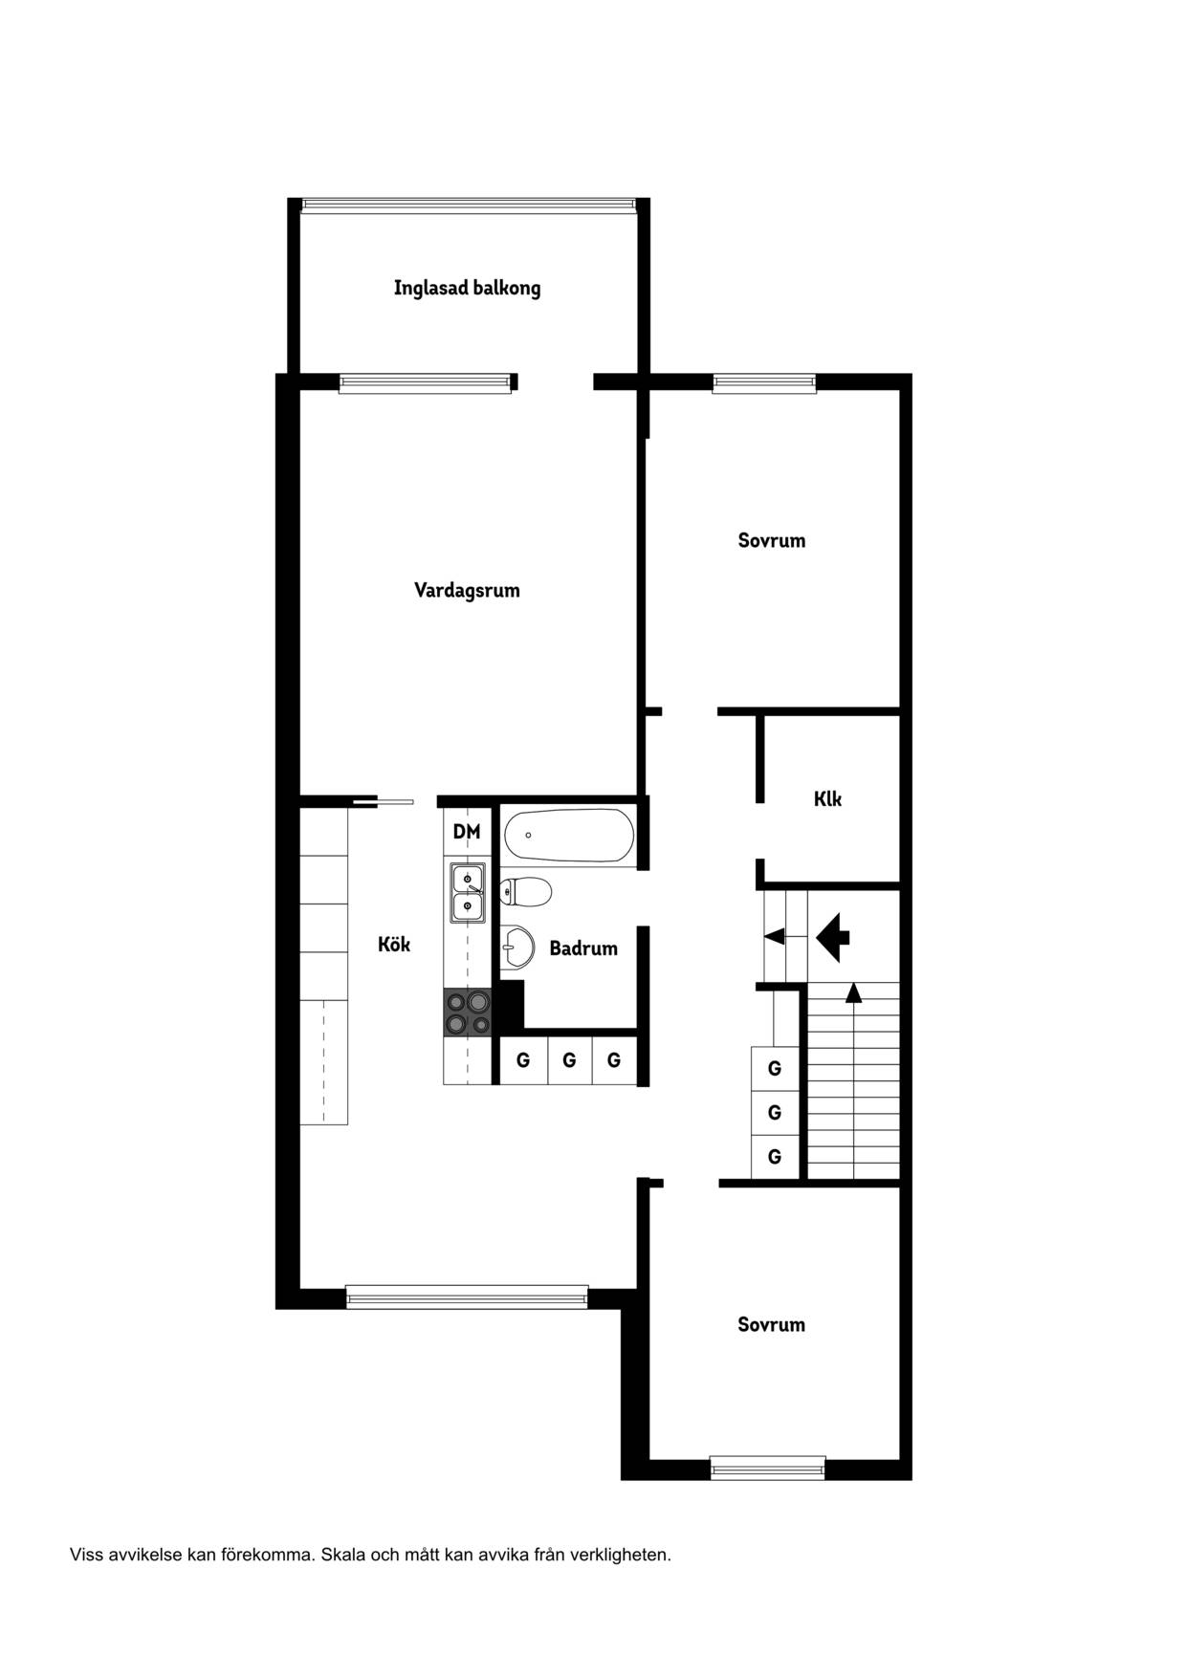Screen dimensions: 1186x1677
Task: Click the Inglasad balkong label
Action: [467, 288]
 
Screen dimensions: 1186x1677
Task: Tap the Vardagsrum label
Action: [467, 590]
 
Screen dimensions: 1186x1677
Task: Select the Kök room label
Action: [394, 945]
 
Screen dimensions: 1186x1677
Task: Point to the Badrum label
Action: [583, 948]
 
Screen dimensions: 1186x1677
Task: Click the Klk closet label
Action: [828, 798]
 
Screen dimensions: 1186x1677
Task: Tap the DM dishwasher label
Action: [467, 832]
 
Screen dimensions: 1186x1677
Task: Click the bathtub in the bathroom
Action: [569, 835]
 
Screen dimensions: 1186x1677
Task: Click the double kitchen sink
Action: [468, 892]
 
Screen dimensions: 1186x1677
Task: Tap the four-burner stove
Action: [467, 1013]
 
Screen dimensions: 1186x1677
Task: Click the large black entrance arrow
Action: [834, 937]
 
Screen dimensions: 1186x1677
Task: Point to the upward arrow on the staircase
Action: [853, 993]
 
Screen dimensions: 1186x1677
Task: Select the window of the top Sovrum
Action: [765, 382]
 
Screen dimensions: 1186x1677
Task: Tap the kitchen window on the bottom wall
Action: [467, 1296]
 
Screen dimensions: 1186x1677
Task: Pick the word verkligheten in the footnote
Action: [621, 1556]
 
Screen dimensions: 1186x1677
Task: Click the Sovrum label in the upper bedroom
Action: [772, 540]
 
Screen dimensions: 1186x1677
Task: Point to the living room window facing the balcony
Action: [426, 382]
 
